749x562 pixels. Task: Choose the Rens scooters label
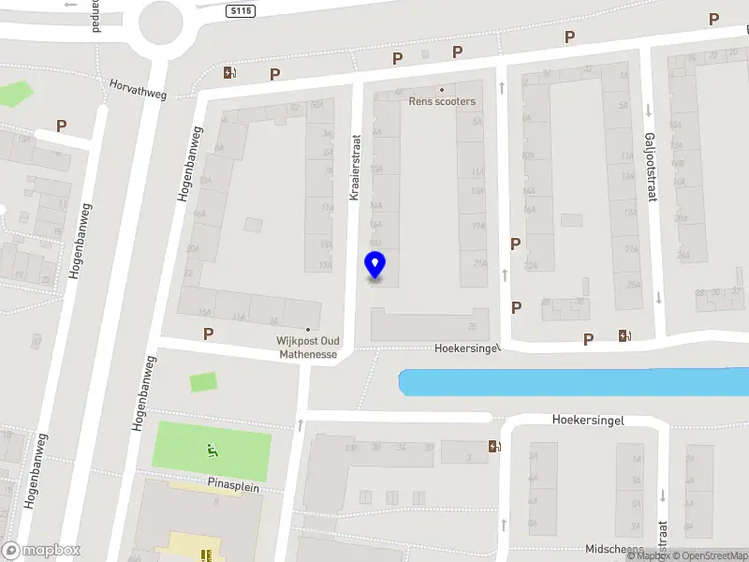(x=442, y=101)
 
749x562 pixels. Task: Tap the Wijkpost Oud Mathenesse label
(x=306, y=348)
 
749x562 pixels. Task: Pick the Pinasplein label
(x=233, y=488)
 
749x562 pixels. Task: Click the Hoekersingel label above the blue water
(x=468, y=348)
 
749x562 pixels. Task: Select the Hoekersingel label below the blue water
(x=587, y=421)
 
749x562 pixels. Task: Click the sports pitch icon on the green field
(x=213, y=452)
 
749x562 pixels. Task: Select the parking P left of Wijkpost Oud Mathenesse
(x=208, y=333)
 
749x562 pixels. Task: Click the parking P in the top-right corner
(x=714, y=19)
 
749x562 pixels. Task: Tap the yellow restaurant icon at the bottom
(x=206, y=555)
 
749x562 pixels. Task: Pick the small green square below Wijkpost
(x=203, y=382)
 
